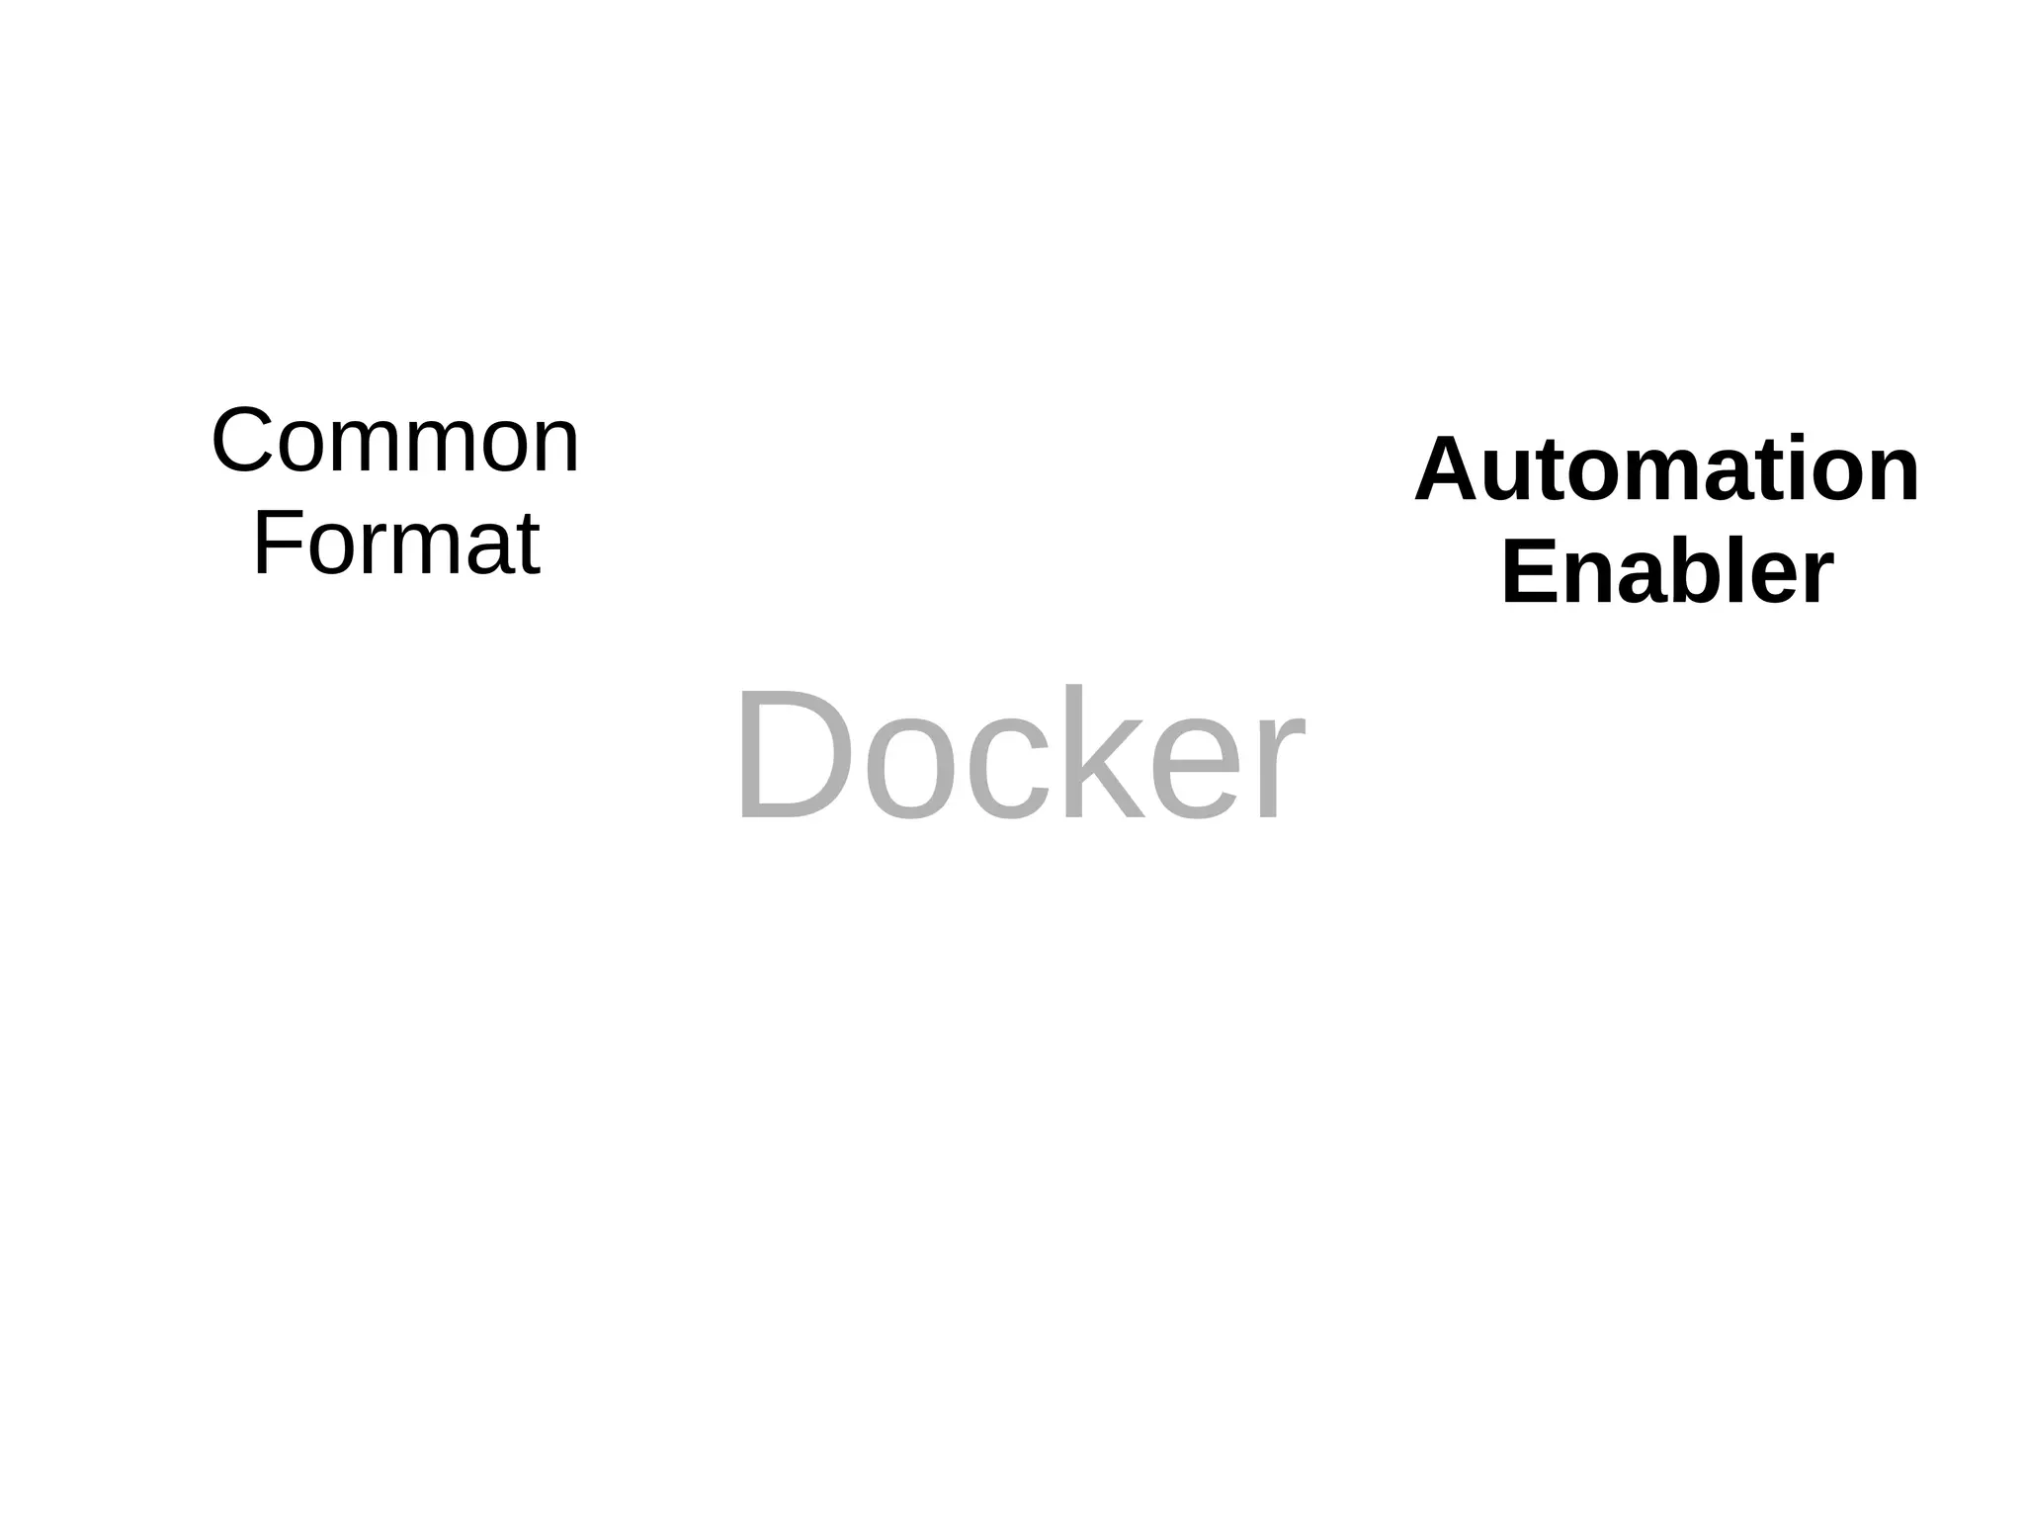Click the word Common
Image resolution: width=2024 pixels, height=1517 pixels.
(395, 442)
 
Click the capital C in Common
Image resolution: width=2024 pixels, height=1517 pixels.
(243, 442)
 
